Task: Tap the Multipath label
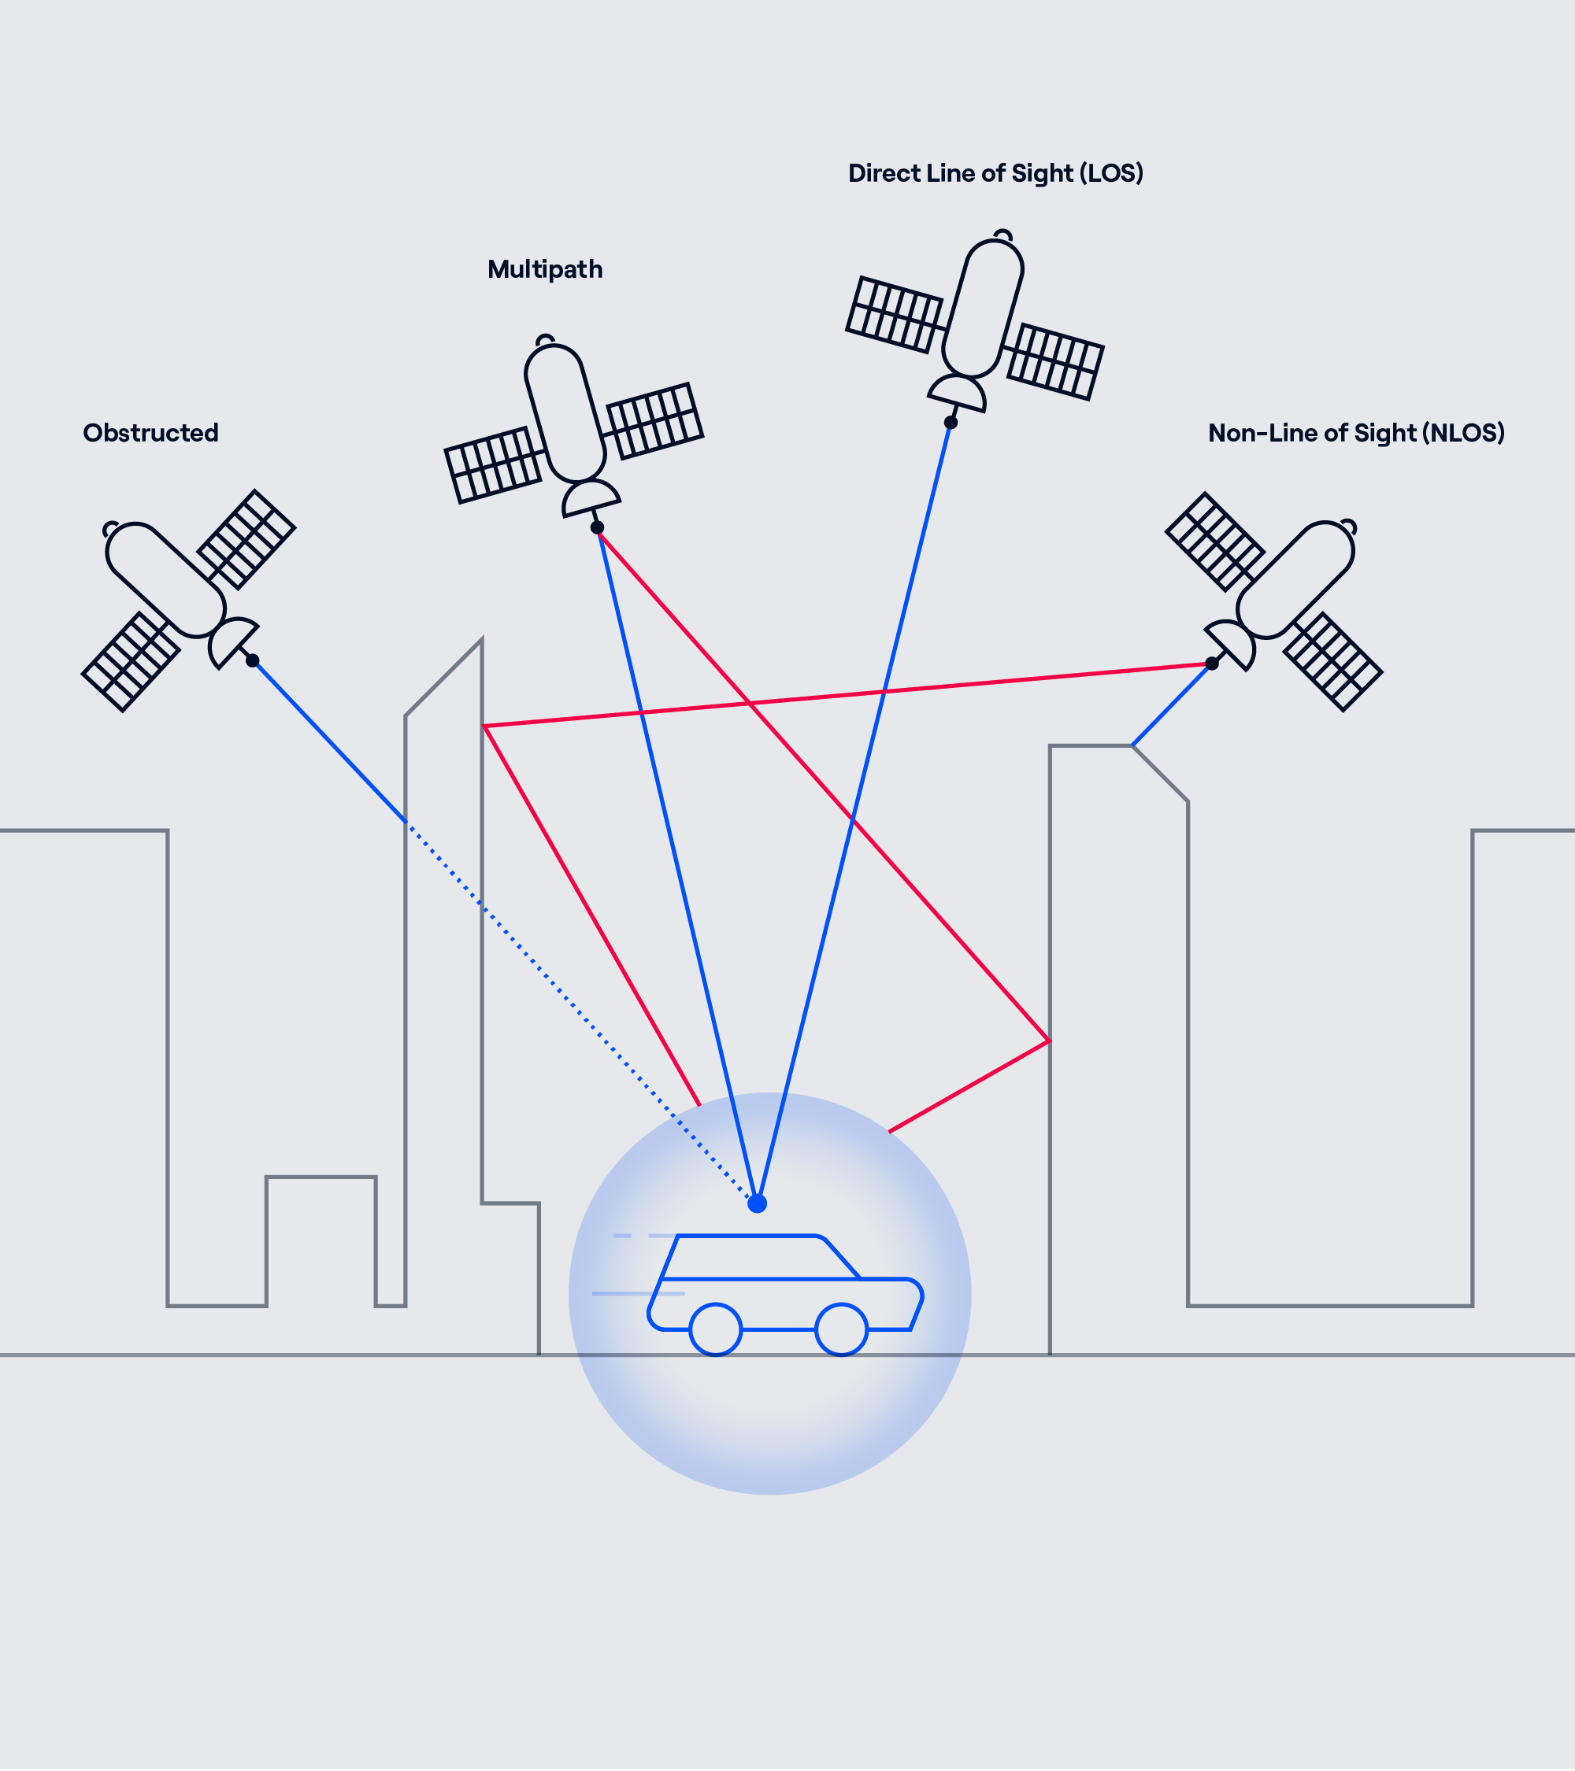[544, 269]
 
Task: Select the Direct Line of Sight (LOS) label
[995, 173]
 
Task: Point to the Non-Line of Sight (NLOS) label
[1356, 432]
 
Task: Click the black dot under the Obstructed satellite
[252, 660]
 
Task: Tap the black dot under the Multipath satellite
[597, 527]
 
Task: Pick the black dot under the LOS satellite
[951, 423]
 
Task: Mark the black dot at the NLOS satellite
[1212, 664]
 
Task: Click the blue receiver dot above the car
[757, 1203]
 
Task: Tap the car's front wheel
[841, 1329]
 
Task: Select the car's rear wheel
[715, 1329]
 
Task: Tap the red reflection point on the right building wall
[1049, 1041]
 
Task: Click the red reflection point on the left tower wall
[484, 726]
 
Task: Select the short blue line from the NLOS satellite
[1170, 705]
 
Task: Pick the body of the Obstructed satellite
[165, 579]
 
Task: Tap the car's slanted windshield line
[841, 1258]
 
